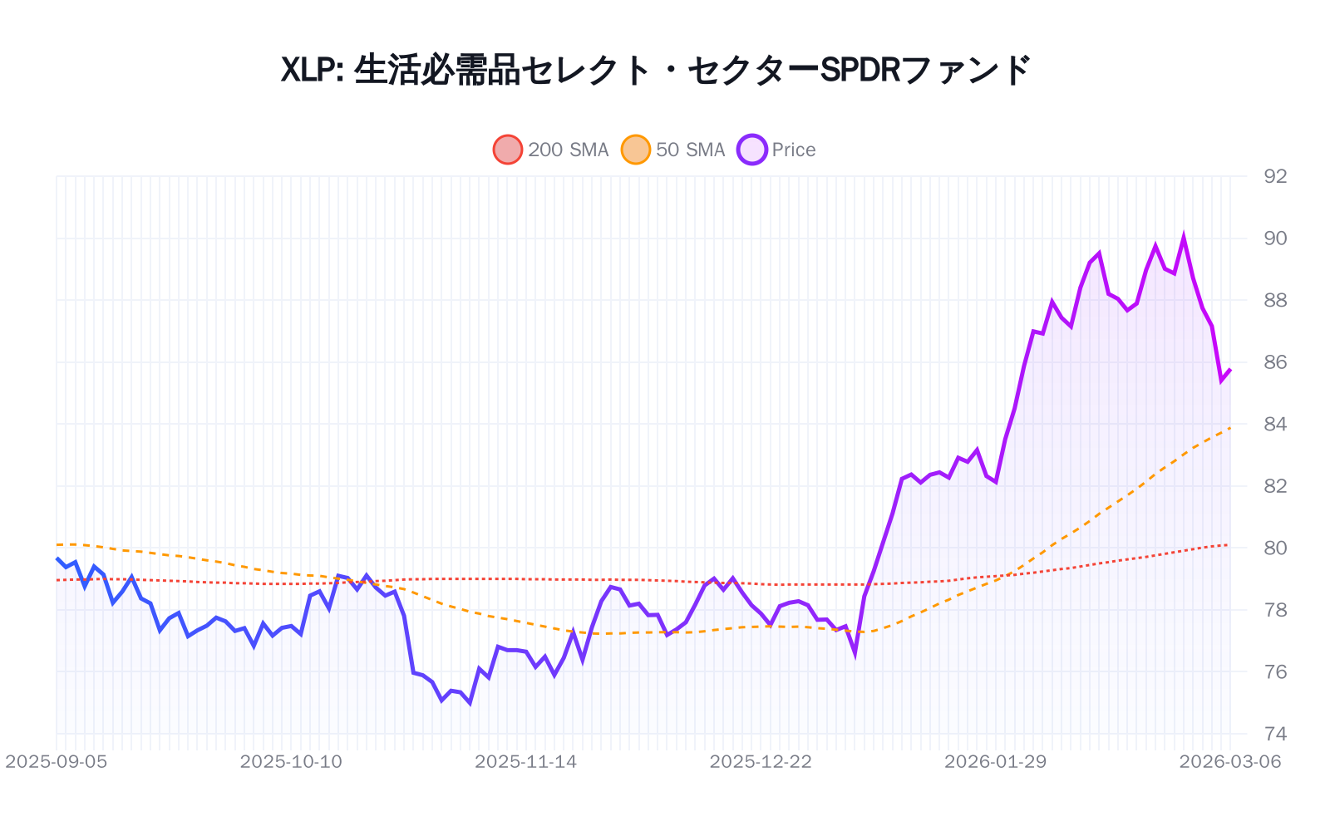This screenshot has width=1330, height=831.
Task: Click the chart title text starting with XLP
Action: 655,70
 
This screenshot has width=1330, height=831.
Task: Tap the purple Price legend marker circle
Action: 752,150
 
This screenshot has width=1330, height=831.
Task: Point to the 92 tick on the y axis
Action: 1274,176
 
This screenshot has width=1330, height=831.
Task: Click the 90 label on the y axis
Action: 1274,238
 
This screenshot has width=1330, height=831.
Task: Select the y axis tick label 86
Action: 1274,362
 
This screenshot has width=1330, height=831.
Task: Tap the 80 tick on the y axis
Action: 1274,548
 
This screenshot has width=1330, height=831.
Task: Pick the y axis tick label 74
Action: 1274,734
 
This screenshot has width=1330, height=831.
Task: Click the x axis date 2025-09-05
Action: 57,762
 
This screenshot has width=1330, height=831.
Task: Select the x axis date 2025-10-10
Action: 291,762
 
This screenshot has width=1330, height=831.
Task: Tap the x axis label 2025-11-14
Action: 525,762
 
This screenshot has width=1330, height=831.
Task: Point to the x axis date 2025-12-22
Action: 761,762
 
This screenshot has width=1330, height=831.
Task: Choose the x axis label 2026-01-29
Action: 995,762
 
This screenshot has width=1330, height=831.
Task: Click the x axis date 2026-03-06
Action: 1230,762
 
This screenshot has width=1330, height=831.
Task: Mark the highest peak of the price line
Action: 1184,238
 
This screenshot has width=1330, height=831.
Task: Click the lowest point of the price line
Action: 470,704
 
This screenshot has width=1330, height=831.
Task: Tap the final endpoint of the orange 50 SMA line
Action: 1230,428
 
